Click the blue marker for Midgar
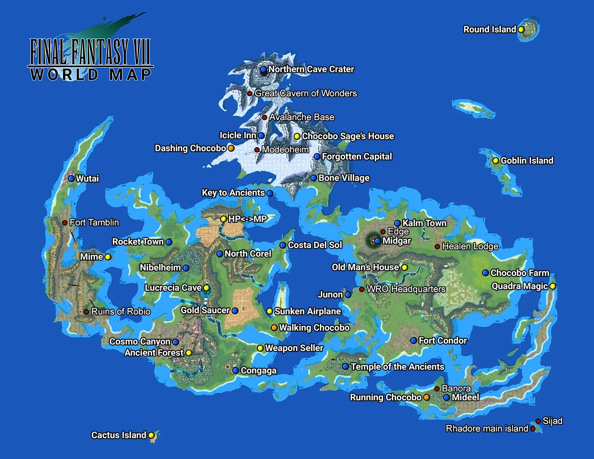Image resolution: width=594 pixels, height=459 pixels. (x=378, y=241)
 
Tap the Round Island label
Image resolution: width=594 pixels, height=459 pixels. (x=490, y=30)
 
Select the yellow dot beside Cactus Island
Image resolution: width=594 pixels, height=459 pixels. (x=152, y=435)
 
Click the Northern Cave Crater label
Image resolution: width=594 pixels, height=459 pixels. (x=311, y=69)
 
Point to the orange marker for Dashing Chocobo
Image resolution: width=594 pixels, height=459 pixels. (x=231, y=148)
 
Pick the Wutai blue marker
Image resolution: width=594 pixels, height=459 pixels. (x=71, y=179)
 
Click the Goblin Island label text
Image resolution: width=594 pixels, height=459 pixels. (x=527, y=161)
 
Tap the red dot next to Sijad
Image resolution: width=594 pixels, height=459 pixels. (x=538, y=421)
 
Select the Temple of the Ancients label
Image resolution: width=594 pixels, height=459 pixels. (x=397, y=367)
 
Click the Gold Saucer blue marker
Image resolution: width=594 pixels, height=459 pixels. (x=235, y=310)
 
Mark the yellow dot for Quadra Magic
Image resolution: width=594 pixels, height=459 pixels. (x=553, y=286)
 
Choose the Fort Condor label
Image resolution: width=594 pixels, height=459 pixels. (x=443, y=341)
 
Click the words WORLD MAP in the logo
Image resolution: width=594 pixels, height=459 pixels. (x=90, y=74)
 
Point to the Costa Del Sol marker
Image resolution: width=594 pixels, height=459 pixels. (x=283, y=245)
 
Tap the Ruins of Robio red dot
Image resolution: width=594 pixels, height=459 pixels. (x=86, y=312)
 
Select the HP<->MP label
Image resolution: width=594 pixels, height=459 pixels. (x=247, y=219)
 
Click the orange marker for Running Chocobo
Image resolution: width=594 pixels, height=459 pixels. (x=427, y=397)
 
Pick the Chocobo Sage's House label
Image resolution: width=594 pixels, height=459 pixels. (x=348, y=136)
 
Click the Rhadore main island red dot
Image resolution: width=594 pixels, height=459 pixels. (x=533, y=429)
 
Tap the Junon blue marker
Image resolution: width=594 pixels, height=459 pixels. (x=348, y=295)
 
